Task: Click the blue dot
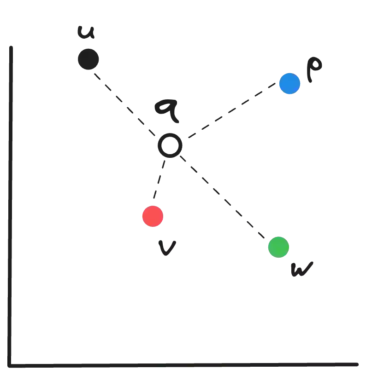tap(290, 84)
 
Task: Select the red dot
tap(153, 216)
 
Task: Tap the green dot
tap(278, 247)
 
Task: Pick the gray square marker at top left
tap(88, 59)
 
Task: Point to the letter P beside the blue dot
tap(314, 69)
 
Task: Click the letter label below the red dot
tap(167, 248)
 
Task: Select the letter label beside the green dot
tap(302, 269)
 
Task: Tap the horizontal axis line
tap(184, 363)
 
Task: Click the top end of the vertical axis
tap(11, 46)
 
